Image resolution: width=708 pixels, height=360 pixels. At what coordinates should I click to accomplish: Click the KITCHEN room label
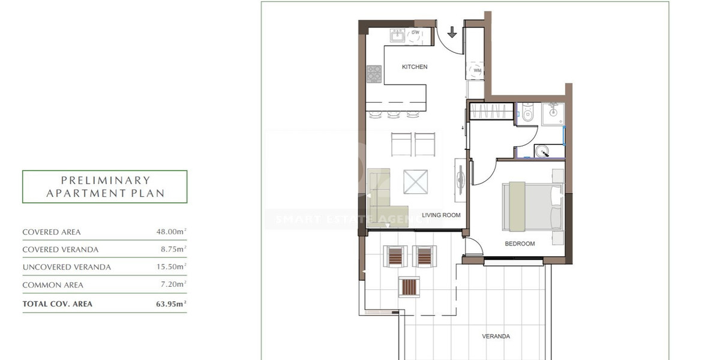click(415, 67)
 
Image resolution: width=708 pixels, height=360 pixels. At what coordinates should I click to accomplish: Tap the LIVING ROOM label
click(441, 215)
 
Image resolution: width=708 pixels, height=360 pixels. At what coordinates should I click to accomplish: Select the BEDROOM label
click(520, 244)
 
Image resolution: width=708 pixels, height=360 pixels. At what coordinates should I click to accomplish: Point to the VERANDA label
click(496, 336)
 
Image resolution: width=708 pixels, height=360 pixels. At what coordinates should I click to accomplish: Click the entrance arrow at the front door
click(452, 31)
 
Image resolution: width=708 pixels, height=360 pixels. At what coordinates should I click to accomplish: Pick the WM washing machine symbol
click(478, 70)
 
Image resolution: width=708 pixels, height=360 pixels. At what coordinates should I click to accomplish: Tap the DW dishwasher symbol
click(415, 34)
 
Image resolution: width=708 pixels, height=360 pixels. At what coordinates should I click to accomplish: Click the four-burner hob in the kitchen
click(374, 74)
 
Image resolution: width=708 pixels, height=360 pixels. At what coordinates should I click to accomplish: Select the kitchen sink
click(397, 35)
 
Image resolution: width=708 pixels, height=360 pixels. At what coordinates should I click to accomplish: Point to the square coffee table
click(416, 181)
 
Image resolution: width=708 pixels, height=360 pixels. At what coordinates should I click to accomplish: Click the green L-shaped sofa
click(379, 198)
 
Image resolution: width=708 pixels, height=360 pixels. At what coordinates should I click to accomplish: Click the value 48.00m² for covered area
click(171, 232)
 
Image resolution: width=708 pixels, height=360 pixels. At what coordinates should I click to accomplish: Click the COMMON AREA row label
click(53, 285)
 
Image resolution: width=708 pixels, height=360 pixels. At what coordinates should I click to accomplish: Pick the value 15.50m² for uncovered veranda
click(171, 267)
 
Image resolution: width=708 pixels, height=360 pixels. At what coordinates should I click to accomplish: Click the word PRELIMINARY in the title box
click(105, 180)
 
